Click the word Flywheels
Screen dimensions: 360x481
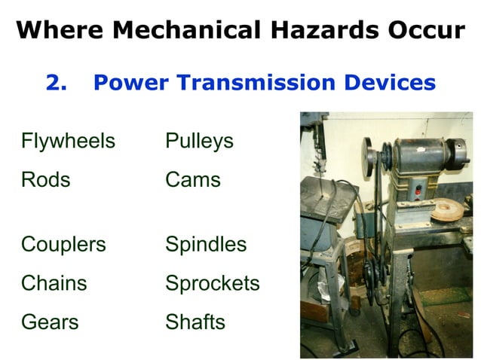68,141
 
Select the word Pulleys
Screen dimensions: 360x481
199,141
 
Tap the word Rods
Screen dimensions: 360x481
45,180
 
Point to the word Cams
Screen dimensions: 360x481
193,180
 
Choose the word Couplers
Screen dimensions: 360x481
63,245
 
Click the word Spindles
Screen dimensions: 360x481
206,245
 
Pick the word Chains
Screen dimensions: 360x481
54,283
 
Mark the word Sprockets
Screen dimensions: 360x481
213,283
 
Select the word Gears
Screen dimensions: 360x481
50,322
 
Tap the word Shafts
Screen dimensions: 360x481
195,322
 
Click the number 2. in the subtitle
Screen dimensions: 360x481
57,82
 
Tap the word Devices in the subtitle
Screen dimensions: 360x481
394,82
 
